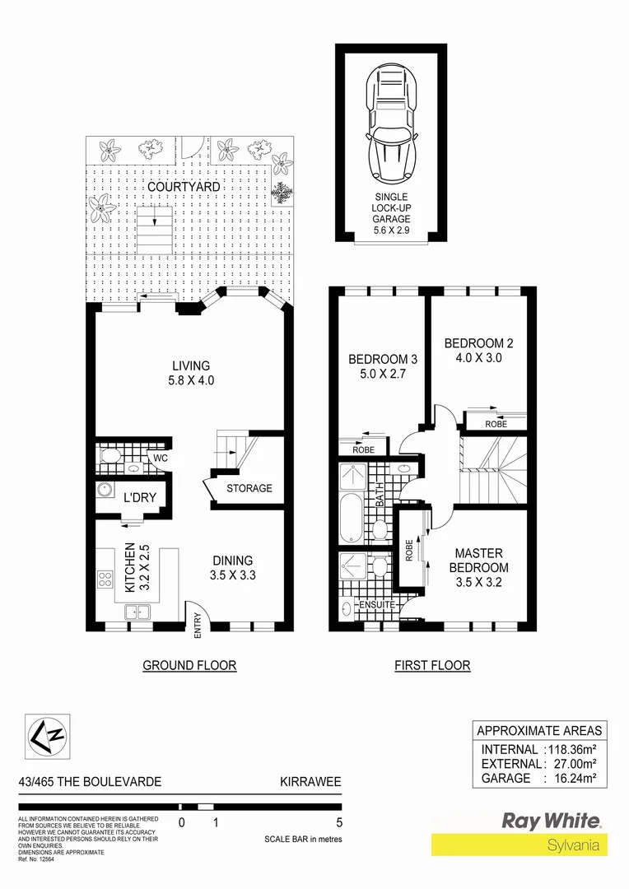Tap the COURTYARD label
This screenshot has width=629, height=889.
coord(184,187)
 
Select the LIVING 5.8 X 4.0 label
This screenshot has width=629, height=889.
coord(191,373)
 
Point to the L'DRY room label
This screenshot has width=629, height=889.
coord(140,499)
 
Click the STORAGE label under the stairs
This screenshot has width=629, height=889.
coord(249,488)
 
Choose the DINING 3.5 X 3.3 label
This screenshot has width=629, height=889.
coord(232,569)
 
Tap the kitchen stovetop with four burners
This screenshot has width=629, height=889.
coord(105,579)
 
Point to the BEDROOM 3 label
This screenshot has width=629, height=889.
coord(378,366)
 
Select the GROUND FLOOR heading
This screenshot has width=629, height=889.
coord(189,665)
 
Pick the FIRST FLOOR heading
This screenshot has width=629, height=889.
coord(432,665)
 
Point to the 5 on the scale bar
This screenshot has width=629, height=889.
coord(339,822)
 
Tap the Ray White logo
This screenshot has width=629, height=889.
coord(551,821)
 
